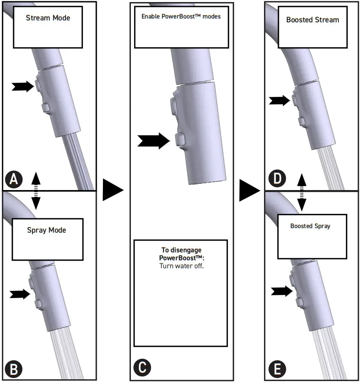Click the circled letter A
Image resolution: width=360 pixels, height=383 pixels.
(14, 179)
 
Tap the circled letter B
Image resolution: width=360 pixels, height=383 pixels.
(14, 369)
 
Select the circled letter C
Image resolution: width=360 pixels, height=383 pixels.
(142, 367)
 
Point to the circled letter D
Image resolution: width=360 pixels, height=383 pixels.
(277, 178)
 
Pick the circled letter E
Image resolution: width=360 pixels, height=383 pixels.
(277, 369)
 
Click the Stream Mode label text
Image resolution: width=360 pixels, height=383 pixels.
(48, 18)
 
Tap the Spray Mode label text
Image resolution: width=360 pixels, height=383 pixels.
(47, 230)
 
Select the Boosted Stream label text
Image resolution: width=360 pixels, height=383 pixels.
(313, 20)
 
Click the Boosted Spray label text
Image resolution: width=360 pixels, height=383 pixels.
(310, 226)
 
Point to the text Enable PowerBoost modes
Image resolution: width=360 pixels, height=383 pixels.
(181, 16)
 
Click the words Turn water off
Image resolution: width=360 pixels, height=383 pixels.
(182, 266)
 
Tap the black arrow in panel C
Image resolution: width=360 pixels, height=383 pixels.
(154, 141)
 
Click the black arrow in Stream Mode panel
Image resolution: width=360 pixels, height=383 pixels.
(23, 87)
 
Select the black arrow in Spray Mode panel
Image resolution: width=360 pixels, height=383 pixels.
(20, 294)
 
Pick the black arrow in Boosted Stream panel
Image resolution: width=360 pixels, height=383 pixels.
(280, 101)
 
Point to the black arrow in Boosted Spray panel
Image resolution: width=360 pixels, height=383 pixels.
(282, 291)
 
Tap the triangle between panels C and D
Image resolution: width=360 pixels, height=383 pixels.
(250, 190)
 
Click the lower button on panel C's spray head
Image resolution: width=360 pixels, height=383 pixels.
(180, 140)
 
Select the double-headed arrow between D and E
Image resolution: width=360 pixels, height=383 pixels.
(302, 192)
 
